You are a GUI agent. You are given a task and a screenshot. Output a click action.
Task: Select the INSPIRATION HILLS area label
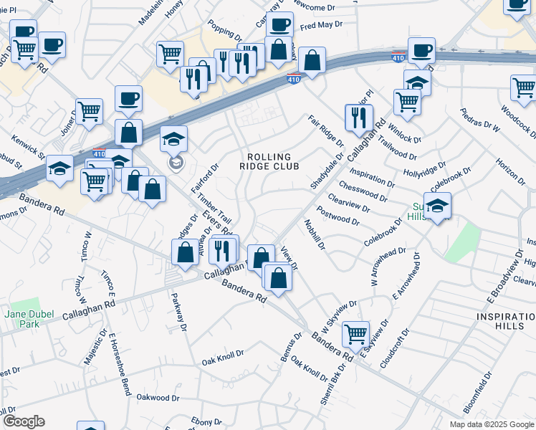(x=504, y=321)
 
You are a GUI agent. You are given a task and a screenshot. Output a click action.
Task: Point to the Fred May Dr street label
(x=322, y=27)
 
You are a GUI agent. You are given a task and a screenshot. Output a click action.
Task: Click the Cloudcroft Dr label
(x=395, y=348)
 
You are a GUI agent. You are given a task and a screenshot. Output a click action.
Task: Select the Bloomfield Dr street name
(x=478, y=393)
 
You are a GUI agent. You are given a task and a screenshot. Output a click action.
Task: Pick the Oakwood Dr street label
(x=158, y=396)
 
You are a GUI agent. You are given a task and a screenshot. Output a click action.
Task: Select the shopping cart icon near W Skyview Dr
(x=355, y=333)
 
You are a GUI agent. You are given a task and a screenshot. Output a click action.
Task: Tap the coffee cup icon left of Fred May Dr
(x=279, y=24)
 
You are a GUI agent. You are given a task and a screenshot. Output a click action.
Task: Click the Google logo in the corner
(x=24, y=421)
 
